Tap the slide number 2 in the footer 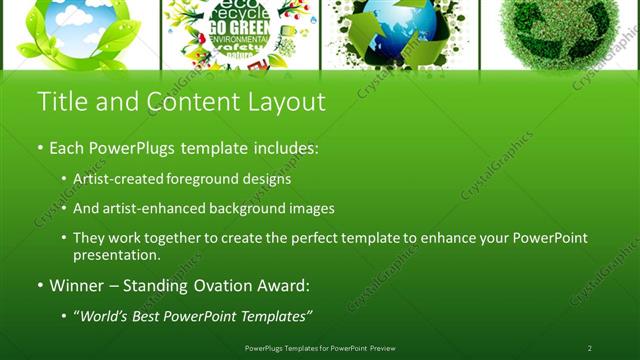589,348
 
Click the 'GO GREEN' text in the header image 239,30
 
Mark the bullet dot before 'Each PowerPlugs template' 41,148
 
